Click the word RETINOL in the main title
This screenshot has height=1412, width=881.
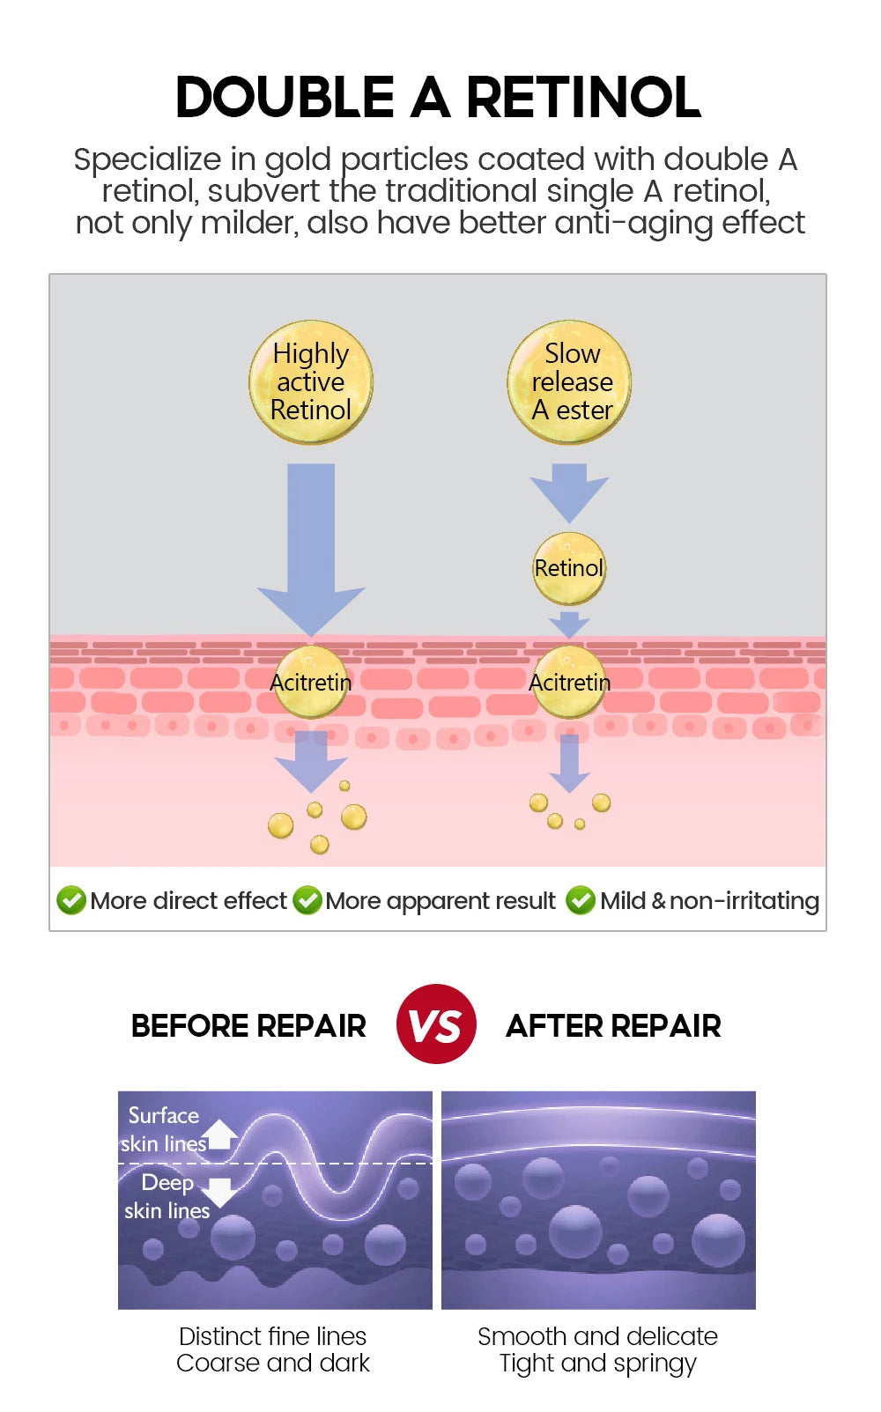pos(583,97)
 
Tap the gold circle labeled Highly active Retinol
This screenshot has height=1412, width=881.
pos(311,381)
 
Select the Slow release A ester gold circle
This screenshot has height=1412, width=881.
pos(570,381)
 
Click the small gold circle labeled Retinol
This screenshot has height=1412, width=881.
pos(569,568)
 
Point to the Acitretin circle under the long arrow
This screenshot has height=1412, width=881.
pos(310,682)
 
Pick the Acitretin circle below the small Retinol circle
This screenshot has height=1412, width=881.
pos(569,682)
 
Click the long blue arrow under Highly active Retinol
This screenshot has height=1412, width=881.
pos(311,546)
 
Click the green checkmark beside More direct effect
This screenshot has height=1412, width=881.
pos(71,900)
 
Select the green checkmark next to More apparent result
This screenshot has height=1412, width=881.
pos(307,900)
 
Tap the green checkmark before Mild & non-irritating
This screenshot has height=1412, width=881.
pos(581,900)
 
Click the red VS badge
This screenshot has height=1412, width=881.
pos(436,1024)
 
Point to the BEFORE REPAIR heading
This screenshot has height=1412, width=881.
pos(248,1026)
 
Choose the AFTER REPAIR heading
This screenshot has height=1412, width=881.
pos(613,1026)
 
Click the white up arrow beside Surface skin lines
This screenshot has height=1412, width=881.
pos(220,1134)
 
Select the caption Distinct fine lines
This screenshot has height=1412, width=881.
pos(272,1336)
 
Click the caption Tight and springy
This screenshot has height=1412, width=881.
pos(597,1364)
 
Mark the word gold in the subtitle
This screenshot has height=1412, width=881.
pos(298,160)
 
